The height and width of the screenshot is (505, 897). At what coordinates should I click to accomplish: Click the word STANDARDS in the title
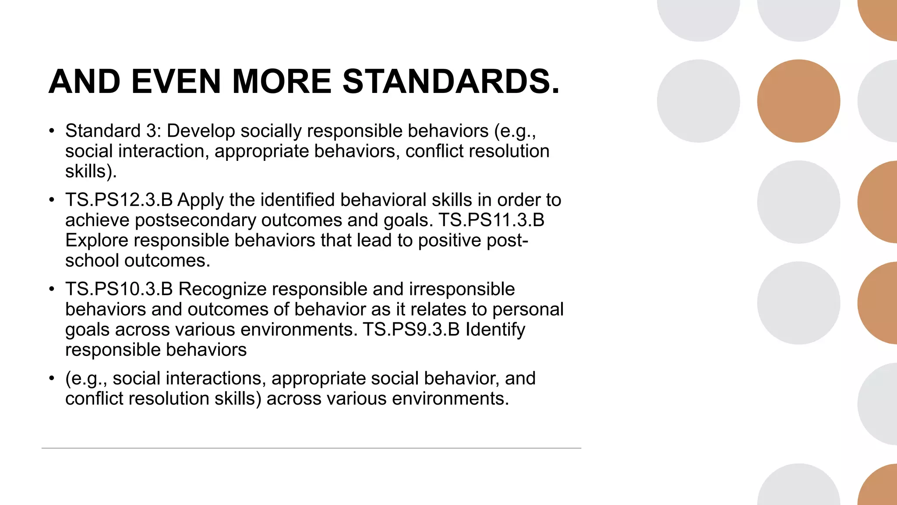[451, 82]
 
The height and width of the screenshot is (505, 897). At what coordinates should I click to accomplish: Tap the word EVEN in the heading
[176, 82]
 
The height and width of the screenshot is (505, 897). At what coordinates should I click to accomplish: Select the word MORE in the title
[282, 82]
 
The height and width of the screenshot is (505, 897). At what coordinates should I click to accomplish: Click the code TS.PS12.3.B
[119, 200]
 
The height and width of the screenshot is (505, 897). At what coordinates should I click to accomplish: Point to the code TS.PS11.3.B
[491, 220]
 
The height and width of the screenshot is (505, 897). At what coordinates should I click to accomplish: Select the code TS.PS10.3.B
[119, 289]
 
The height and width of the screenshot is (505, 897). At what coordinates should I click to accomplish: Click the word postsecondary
[195, 220]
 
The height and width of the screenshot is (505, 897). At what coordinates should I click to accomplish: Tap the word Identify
[495, 330]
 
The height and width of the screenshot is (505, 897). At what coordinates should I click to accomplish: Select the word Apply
[201, 200]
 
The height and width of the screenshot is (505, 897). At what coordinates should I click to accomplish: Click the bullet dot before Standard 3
[52, 131]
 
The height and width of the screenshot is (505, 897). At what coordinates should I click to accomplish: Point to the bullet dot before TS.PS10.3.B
[52, 289]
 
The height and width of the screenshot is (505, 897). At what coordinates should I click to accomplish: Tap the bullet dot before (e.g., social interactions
[52, 378]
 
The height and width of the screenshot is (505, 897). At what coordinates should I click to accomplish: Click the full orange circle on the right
[798, 101]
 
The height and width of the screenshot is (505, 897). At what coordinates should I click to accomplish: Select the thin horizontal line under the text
[311, 448]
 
